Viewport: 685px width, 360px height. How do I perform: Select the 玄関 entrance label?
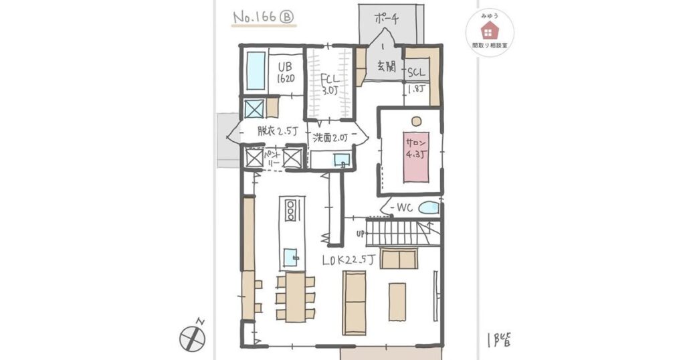click(385, 67)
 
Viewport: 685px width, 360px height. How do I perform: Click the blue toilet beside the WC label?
click(429, 209)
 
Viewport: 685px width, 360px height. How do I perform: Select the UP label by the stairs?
click(361, 234)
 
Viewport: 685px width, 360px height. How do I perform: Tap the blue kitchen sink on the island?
click(290, 257)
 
